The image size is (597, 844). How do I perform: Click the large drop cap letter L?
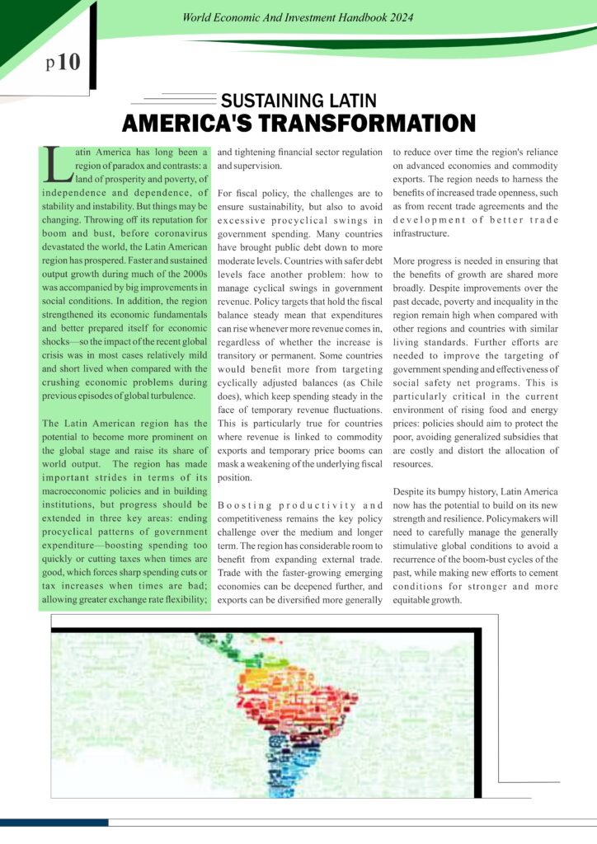tap(57, 164)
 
